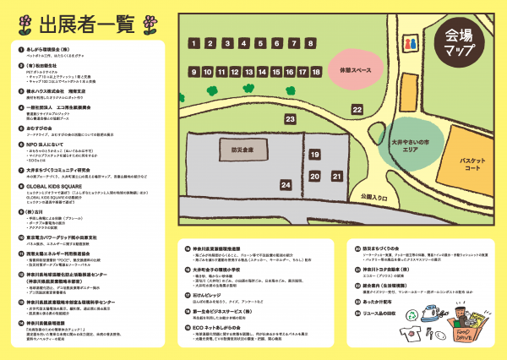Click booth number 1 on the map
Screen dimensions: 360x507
[194, 43]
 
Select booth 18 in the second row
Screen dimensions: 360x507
[315, 72]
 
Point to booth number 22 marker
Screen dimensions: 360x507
[357, 110]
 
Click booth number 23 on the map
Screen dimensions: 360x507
[289, 119]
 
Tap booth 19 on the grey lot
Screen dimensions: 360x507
[314, 155]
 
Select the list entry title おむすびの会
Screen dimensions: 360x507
[48, 129]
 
